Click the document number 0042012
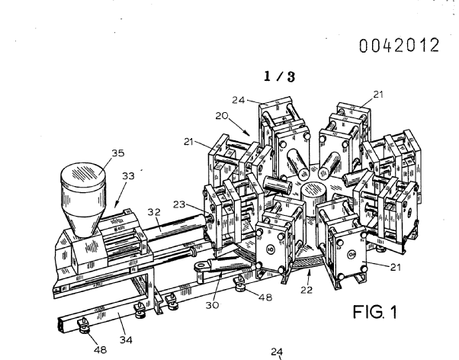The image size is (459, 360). [x=400, y=46]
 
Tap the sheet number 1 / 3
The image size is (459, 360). [x=280, y=76]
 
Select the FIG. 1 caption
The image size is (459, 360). [x=375, y=312]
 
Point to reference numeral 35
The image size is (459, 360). [x=118, y=153]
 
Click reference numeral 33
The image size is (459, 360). [x=128, y=175]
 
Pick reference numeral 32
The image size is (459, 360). [x=154, y=212]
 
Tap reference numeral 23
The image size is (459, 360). [x=179, y=204]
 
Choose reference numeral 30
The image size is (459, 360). [x=212, y=305]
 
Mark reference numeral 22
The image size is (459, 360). [x=307, y=290]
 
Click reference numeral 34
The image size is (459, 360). [x=126, y=340]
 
